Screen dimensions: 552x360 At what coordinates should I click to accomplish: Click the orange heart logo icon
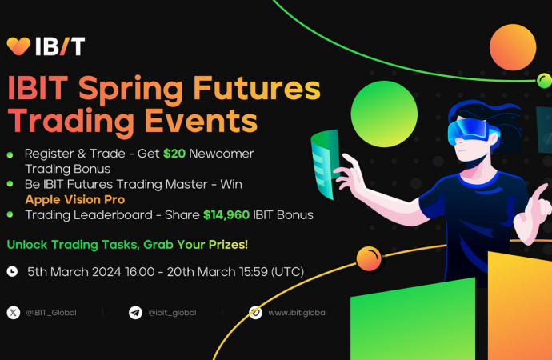[x=18, y=46]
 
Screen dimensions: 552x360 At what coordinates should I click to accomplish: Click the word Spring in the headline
[x=130, y=90]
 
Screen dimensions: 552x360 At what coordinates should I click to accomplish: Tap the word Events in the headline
[x=201, y=121]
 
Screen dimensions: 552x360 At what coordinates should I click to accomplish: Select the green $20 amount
[x=174, y=154]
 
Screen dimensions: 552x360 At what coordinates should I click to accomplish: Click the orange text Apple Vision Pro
[x=75, y=200]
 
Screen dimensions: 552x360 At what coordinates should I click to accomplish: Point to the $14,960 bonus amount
[x=226, y=215]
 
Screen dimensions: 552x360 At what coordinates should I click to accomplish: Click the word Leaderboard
[x=113, y=215]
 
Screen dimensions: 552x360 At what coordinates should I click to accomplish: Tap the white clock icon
[x=12, y=271]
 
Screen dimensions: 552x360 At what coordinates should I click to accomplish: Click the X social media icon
[x=14, y=313]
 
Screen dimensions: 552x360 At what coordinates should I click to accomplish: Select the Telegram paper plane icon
[x=135, y=313]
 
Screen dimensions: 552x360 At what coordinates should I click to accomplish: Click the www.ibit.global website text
[x=298, y=313]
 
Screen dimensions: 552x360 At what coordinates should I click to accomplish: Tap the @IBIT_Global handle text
[x=51, y=313]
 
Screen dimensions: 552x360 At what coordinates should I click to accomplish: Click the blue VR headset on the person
[x=472, y=131]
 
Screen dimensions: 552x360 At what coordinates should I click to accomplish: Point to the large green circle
[x=384, y=114]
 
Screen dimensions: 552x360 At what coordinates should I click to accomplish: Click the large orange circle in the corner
[x=513, y=47]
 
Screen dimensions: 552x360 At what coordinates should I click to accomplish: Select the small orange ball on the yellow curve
[x=369, y=258]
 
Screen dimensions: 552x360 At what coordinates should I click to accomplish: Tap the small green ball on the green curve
[x=544, y=81]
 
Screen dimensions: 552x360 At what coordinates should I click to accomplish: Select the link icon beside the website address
[x=255, y=313]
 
